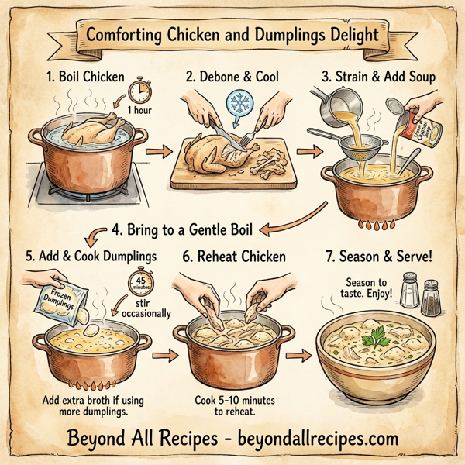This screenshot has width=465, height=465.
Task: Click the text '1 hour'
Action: tap(139, 111)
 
